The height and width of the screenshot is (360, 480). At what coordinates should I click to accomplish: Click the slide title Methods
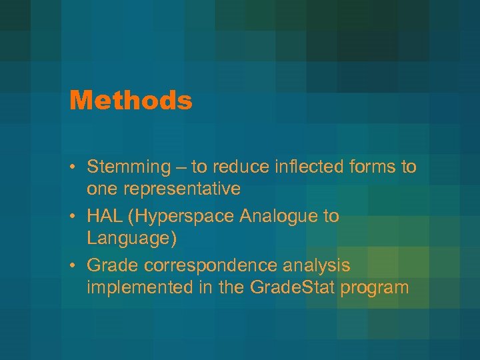click(x=131, y=101)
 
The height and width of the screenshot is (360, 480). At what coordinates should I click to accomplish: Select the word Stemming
click(x=129, y=167)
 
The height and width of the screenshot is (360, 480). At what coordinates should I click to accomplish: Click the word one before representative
click(x=101, y=190)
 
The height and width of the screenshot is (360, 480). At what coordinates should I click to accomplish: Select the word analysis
click(x=317, y=266)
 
